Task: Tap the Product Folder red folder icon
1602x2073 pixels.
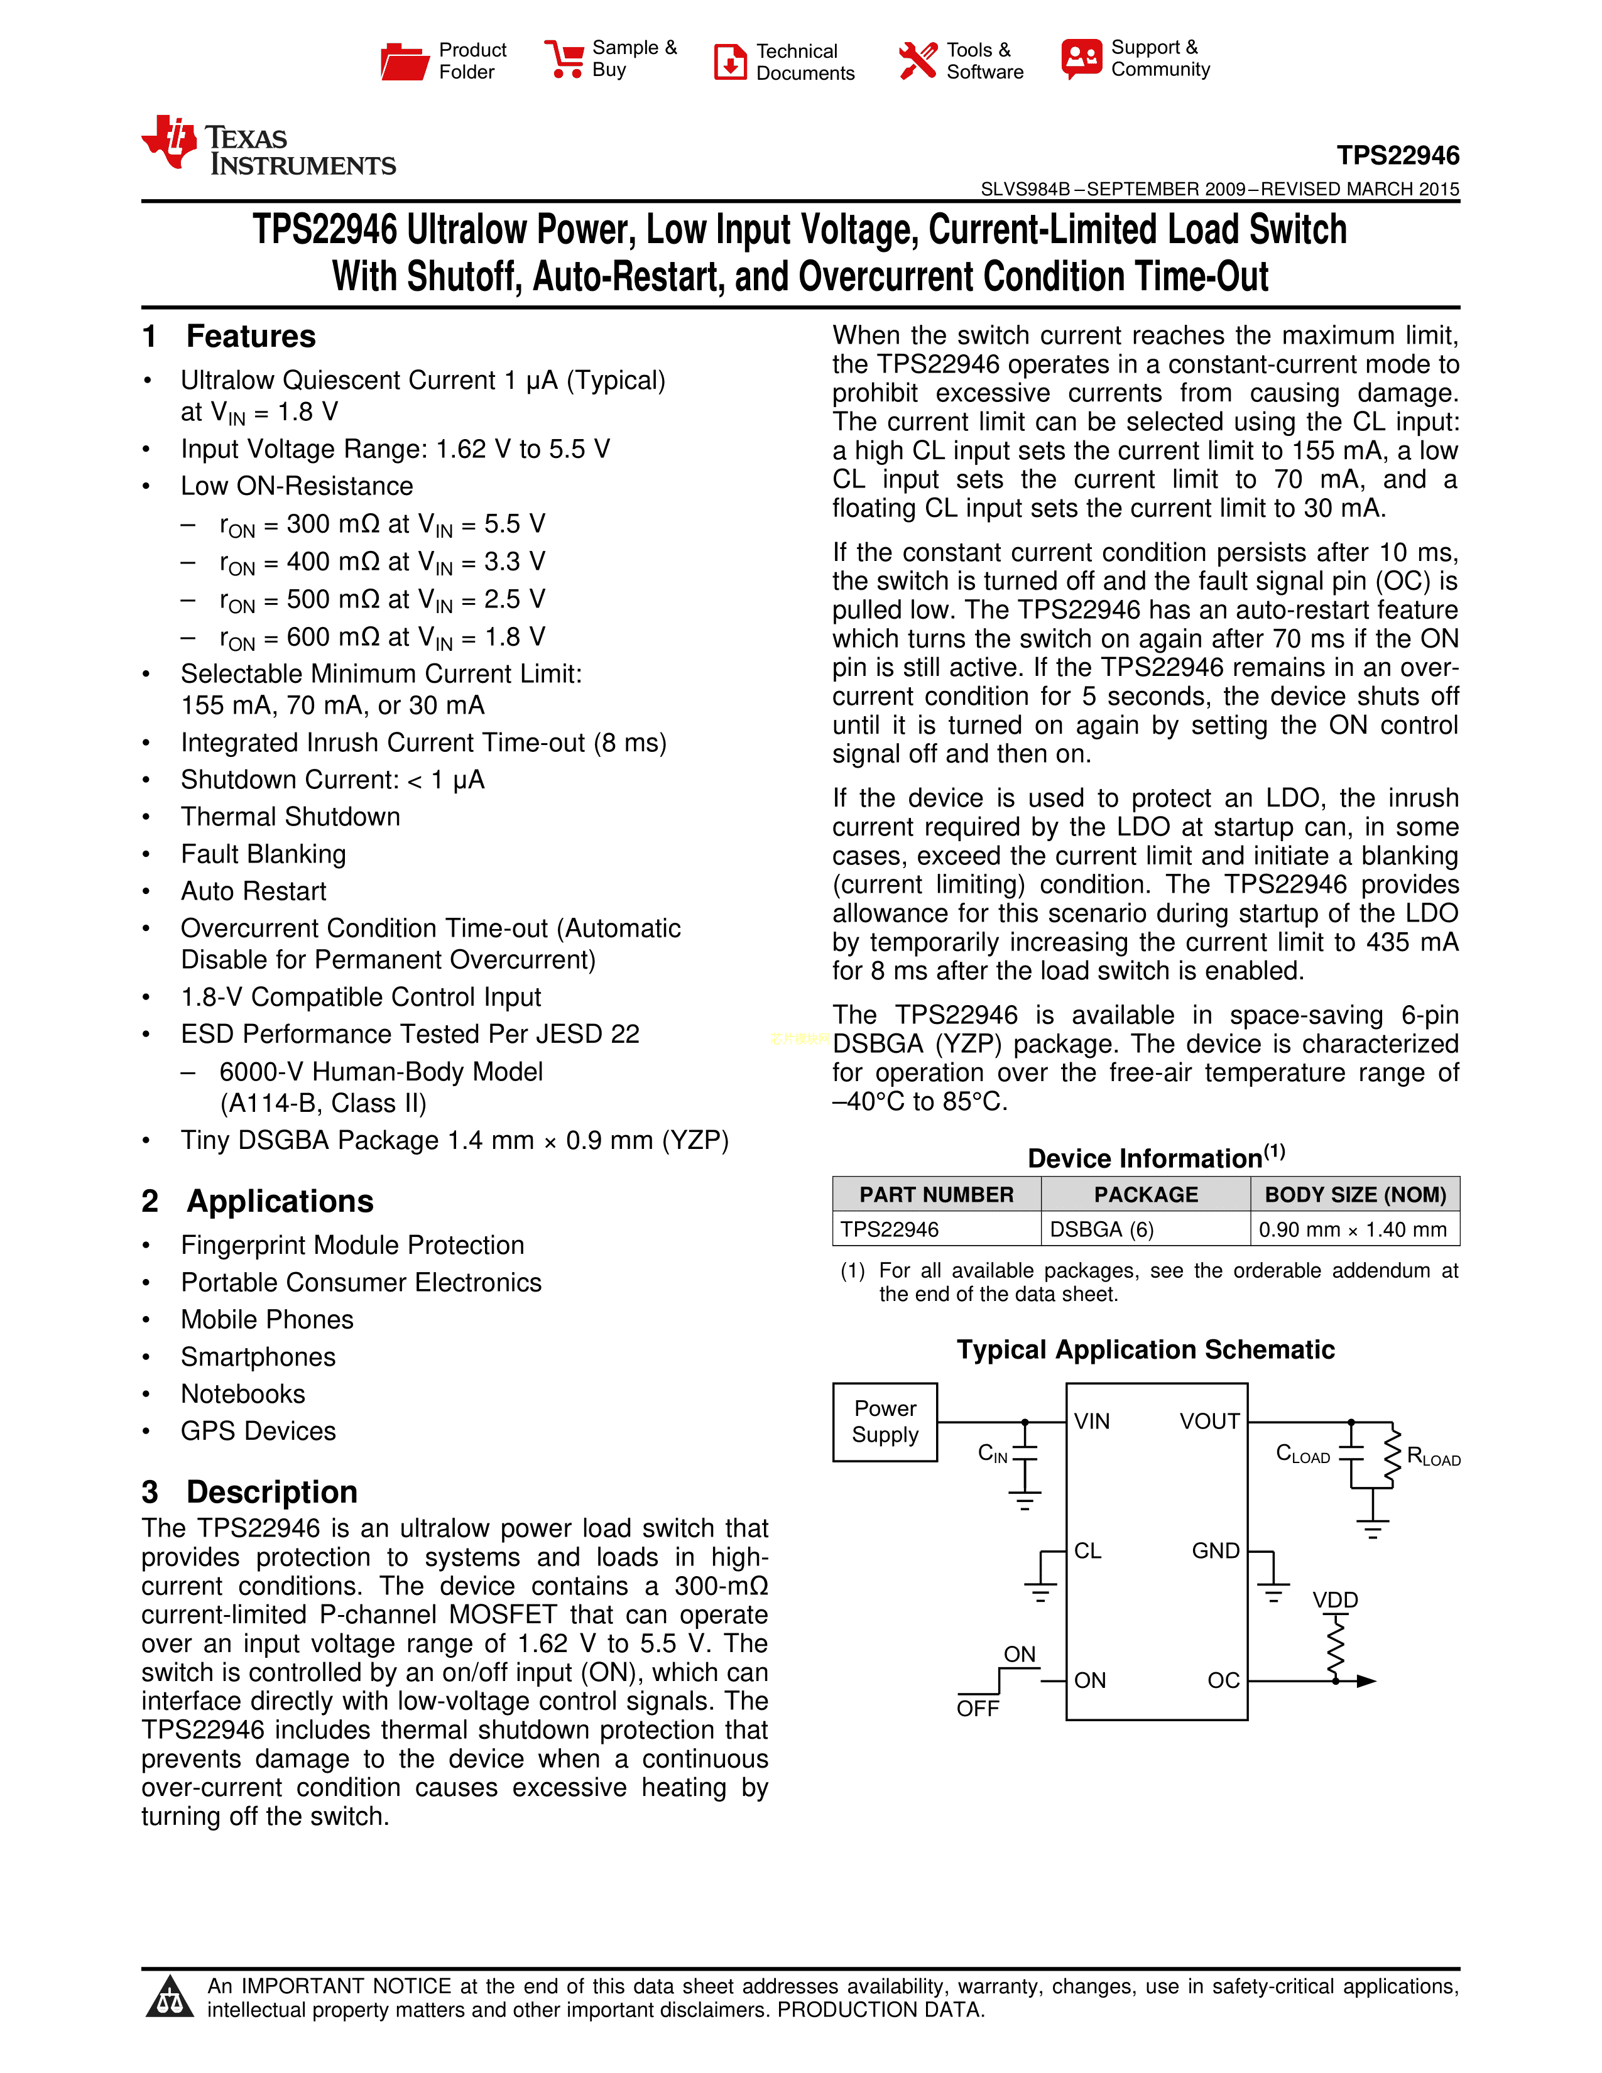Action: click(405, 61)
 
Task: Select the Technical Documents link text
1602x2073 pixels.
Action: click(805, 62)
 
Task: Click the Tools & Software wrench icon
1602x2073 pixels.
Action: click(917, 61)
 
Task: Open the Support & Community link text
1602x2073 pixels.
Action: click(1160, 58)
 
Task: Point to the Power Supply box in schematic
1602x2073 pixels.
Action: click(885, 1421)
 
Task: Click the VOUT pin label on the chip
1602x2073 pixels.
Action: click(1209, 1421)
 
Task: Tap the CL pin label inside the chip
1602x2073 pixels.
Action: click(1087, 1551)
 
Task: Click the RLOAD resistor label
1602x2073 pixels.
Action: click(1433, 1456)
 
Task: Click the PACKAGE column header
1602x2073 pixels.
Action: click(1145, 1194)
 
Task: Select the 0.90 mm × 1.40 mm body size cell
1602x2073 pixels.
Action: click(1353, 1229)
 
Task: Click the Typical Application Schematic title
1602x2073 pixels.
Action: click(1145, 1350)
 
